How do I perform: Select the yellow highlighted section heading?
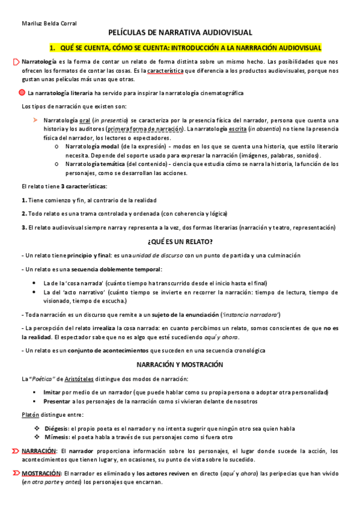185,47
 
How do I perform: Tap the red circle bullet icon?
22,93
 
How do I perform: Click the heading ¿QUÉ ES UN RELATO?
180,242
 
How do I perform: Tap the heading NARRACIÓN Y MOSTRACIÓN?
180,364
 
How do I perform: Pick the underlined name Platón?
30,415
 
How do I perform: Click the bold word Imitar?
53,392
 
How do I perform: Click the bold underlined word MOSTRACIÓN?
41,473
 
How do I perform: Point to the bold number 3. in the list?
23,227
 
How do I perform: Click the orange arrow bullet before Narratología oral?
35,120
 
